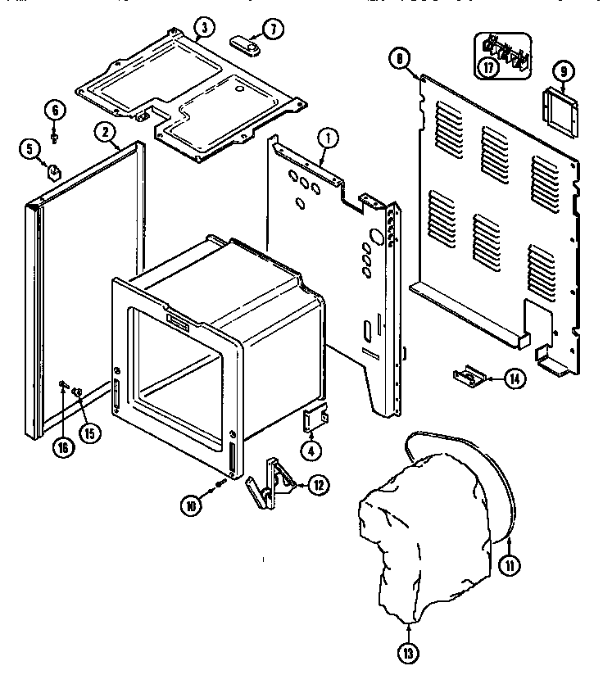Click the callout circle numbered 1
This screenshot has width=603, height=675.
[x=327, y=138]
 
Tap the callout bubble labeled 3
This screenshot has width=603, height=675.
[x=204, y=29]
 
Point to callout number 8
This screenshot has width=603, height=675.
[x=399, y=57]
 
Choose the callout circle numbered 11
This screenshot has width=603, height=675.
[x=509, y=564]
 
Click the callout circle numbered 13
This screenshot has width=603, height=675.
[x=408, y=653]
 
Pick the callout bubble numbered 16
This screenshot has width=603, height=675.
[x=64, y=447]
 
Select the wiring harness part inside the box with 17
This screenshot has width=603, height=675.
[x=506, y=51]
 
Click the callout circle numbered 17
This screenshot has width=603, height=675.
[x=490, y=67]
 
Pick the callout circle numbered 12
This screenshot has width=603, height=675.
[x=316, y=486]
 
